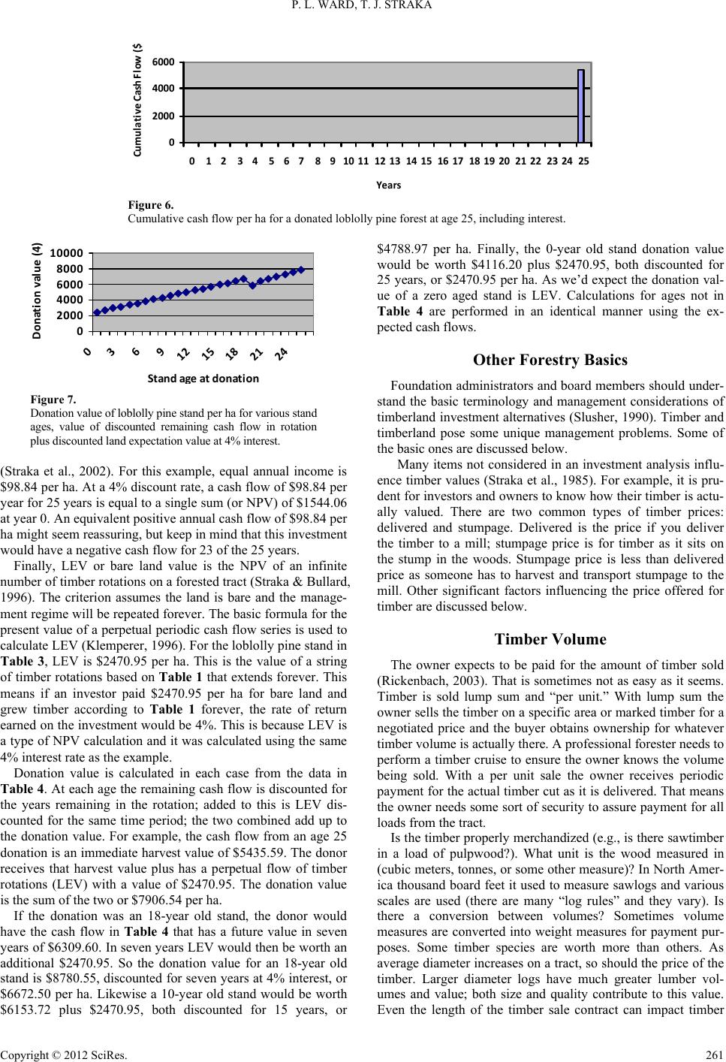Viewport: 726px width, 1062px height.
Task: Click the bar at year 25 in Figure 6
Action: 581,106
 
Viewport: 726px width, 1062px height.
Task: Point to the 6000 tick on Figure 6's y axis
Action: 167,62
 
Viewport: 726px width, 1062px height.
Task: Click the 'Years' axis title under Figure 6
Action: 388,185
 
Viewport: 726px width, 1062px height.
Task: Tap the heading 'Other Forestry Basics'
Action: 550,360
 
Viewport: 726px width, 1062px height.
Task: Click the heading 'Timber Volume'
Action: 550,639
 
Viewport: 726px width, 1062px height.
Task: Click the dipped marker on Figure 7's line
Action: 252,285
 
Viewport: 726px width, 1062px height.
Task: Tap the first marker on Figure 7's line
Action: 97,312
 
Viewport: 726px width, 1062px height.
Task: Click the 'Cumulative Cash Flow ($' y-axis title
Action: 139,100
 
